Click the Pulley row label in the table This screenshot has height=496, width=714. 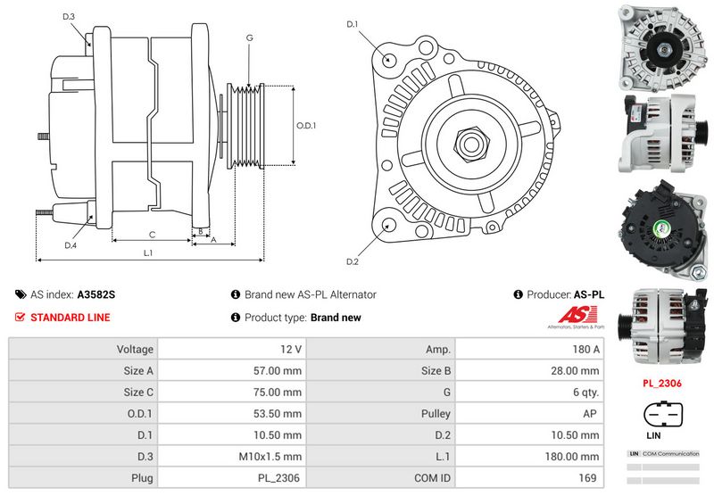coord(437,414)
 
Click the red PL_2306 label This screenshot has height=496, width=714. coord(663,384)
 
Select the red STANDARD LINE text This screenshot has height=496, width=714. coord(70,318)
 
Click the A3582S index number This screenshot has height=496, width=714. coord(96,294)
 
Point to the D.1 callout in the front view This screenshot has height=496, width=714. coord(352,24)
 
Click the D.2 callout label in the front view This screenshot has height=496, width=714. coord(352,261)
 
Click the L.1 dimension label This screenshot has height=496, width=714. coord(148,253)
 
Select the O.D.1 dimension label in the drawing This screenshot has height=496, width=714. coord(307,126)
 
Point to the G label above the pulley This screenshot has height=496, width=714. coord(249,37)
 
